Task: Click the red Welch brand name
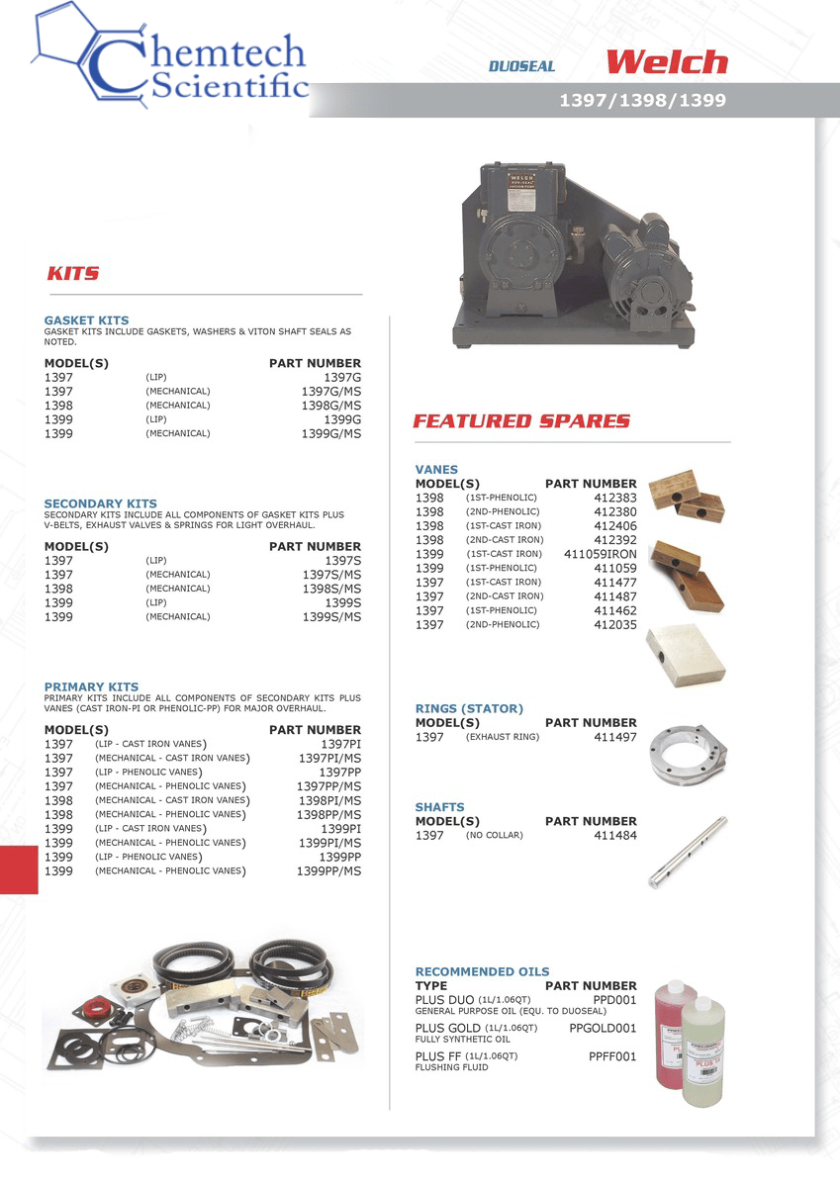point(666,63)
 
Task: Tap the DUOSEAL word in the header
point(521,66)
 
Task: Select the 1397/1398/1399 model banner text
point(642,100)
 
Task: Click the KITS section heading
point(73,273)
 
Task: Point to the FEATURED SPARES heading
point(520,421)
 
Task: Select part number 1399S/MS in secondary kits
point(331,617)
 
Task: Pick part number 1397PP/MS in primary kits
point(328,786)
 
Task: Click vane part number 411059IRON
point(600,555)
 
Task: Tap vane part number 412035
point(614,625)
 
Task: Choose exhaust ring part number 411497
point(614,737)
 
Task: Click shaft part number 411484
point(614,836)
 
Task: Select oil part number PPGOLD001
point(603,1029)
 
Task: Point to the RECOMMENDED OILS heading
point(482,971)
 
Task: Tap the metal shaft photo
point(688,852)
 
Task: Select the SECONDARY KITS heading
point(100,503)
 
